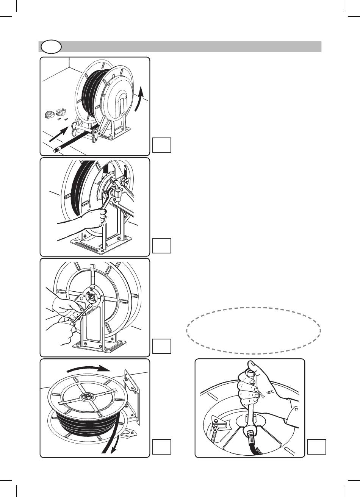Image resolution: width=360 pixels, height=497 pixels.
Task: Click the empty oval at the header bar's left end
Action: tap(50, 47)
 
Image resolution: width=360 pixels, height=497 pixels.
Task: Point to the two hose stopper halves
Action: tap(54, 114)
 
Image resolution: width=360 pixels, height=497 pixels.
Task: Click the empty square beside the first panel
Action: tap(162, 145)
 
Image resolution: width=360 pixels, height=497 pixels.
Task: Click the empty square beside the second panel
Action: tap(162, 245)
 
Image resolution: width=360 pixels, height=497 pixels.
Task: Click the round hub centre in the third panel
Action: tap(90, 297)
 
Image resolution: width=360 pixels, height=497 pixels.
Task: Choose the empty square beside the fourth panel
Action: tap(162, 447)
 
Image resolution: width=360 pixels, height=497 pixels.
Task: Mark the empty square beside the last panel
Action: tap(317, 447)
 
